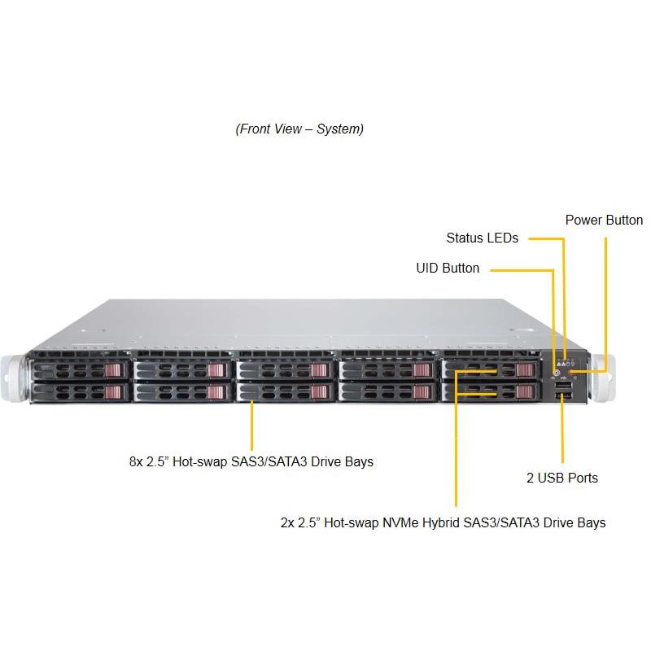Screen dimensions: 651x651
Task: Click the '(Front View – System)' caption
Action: click(299, 129)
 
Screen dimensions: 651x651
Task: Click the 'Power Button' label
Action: click(604, 220)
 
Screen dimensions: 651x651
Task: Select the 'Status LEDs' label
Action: click(482, 238)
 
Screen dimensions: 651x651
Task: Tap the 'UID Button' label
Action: click(448, 268)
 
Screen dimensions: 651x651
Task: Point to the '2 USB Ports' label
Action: click(561, 478)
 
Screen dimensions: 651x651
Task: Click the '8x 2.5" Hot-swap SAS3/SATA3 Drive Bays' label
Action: click(251, 461)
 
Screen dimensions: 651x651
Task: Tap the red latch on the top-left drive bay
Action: click(117, 371)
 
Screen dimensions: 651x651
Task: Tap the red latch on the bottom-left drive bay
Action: click(117, 392)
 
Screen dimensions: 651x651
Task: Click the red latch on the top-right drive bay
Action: click(525, 371)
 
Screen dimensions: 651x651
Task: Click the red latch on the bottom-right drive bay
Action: click(525, 392)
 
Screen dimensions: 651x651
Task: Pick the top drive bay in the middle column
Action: click(286, 370)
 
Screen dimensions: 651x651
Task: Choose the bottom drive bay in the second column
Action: click(183, 392)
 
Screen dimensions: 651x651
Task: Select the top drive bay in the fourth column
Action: click(387, 370)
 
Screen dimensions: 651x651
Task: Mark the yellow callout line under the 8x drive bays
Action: click(251, 423)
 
